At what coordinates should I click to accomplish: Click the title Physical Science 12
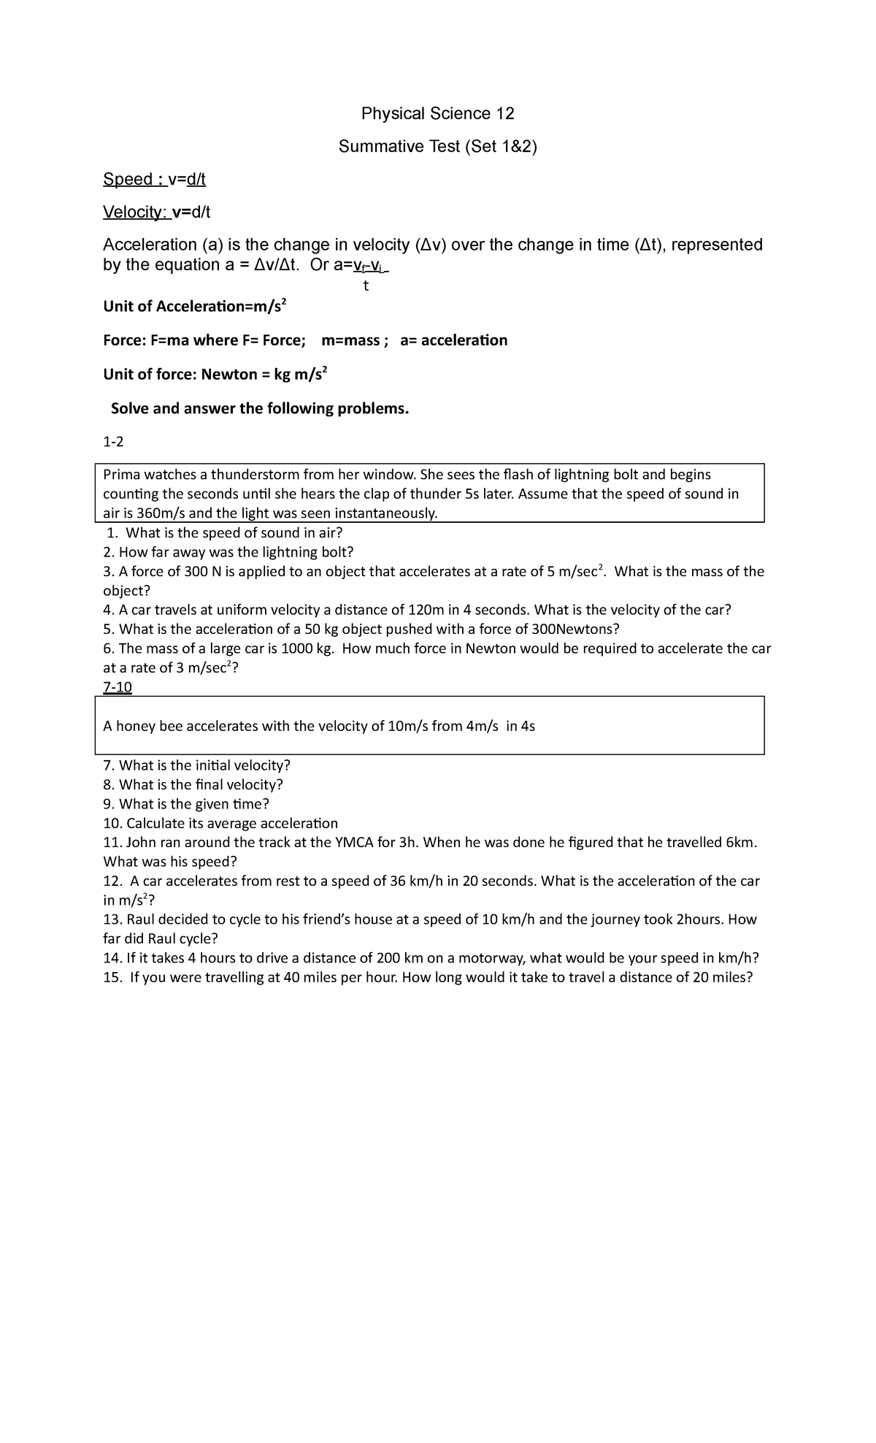[x=438, y=114]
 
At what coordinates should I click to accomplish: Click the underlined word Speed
[x=128, y=180]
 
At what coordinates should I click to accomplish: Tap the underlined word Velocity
[x=134, y=213]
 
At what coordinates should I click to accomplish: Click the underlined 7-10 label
[x=118, y=687]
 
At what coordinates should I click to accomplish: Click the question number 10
[x=112, y=824]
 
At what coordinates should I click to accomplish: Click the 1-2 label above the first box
[x=113, y=443]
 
